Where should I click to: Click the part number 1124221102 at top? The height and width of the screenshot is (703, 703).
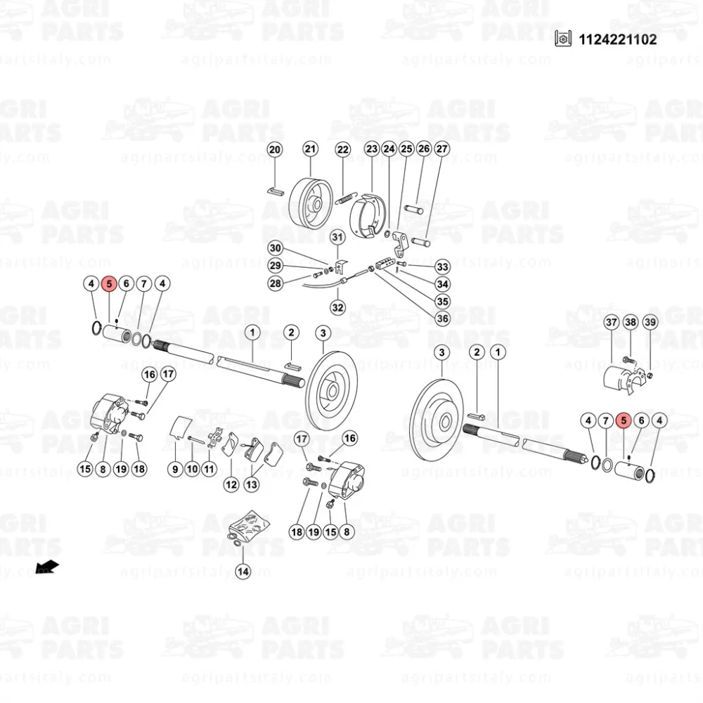coord(617,39)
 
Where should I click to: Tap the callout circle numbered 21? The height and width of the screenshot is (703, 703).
coord(310,149)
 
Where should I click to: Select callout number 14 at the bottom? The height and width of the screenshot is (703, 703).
coord(243,571)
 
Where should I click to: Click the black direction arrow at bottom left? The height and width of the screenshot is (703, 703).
coord(47,567)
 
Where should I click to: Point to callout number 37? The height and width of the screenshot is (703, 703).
coord(612,322)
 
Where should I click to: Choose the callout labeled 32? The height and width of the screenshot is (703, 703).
coord(337,308)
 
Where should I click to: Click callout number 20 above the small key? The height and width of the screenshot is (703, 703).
coord(275,149)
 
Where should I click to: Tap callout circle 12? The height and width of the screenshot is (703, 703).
coord(231,484)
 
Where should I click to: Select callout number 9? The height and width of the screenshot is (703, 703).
coord(175,469)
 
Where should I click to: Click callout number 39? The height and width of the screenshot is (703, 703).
coord(650,322)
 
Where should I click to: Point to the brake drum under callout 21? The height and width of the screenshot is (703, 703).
coord(310,204)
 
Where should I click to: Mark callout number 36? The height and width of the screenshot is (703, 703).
coord(442,318)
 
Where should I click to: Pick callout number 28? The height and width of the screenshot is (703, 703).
coord(276,283)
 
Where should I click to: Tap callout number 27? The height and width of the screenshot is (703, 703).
coord(441,148)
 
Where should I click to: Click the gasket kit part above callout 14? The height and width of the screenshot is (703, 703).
coord(250,525)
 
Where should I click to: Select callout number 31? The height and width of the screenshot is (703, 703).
coord(337,237)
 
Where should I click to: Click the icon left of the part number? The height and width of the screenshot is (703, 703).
coord(563,39)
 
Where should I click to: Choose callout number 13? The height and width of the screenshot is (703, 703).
coord(252,484)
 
